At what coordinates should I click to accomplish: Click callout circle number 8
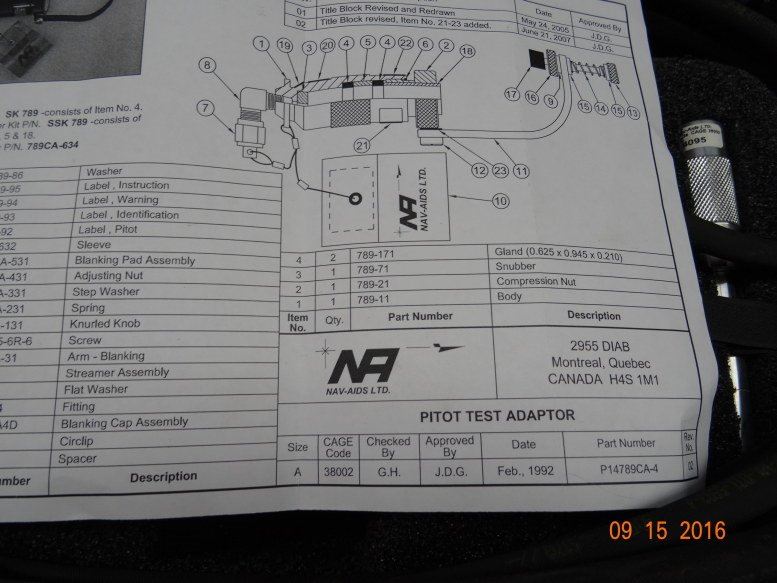(208, 66)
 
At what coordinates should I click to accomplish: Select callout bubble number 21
(360, 146)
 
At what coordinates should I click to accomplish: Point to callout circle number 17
(513, 95)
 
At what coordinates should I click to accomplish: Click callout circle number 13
(632, 114)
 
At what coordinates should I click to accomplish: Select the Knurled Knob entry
(112, 324)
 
